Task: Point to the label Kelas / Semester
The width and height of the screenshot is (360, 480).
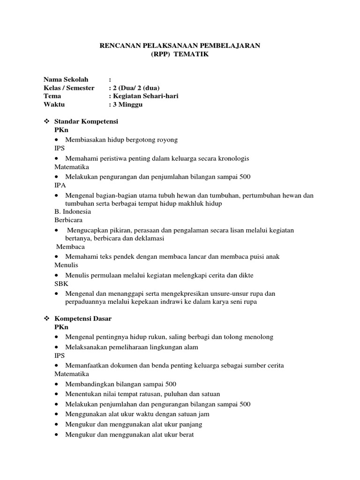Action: tap(69, 88)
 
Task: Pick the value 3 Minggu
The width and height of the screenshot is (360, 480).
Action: tap(127, 105)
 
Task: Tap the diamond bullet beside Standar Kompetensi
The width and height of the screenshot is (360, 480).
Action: tap(46, 121)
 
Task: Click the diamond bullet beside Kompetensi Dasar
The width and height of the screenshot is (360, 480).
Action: tap(46, 318)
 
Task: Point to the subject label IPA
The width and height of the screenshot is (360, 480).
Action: tap(60, 186)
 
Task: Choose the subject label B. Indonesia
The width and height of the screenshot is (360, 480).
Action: tap(73, 211)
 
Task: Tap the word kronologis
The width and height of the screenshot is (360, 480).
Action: tap(232, 158)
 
